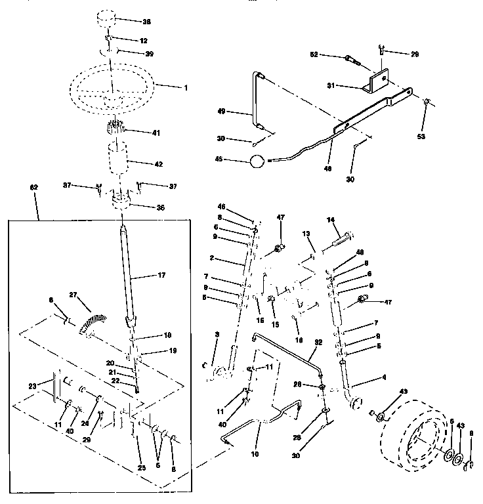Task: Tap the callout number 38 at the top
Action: (x=146, y=22)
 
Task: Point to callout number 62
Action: (x=35, y=188)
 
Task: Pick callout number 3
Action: (x=217, y=335)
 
